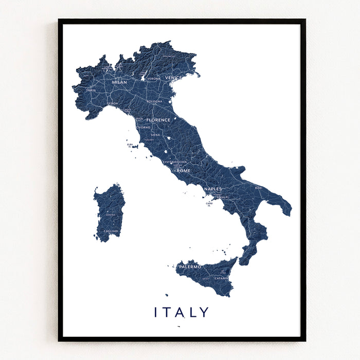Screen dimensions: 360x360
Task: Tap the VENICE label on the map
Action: (x=173, y=78)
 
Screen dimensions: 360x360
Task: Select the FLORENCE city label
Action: (x=158, y=120)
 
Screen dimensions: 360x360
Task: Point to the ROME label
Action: (x=184, y=171)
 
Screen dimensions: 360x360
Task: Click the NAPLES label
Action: (x=213, y=189)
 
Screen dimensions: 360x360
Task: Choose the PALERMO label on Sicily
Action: (x=190, y=267)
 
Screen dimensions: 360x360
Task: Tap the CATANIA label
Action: (x=222, y=278)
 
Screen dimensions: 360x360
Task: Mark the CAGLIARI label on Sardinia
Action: (x=111, y=231)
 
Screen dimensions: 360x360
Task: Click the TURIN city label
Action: (x=91, y=90)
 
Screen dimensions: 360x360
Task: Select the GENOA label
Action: (x=113, y=103)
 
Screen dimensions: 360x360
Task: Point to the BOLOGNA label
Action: (x=154, y=101)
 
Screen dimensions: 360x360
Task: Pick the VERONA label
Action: (x=153, y=79)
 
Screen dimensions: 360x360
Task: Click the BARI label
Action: (x=259, y=188)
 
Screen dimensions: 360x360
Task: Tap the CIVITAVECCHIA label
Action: (x=175, y=162)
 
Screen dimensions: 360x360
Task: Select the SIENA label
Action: (x=155, y=135)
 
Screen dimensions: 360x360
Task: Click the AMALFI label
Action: (x=223, y=197)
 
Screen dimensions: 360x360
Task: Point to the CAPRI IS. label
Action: (x=209, y=205)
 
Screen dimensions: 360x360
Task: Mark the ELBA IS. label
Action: (x=130, y=146)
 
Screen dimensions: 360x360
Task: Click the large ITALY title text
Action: (x=182, y=312)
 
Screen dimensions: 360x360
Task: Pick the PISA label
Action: (x=139, y=119)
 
